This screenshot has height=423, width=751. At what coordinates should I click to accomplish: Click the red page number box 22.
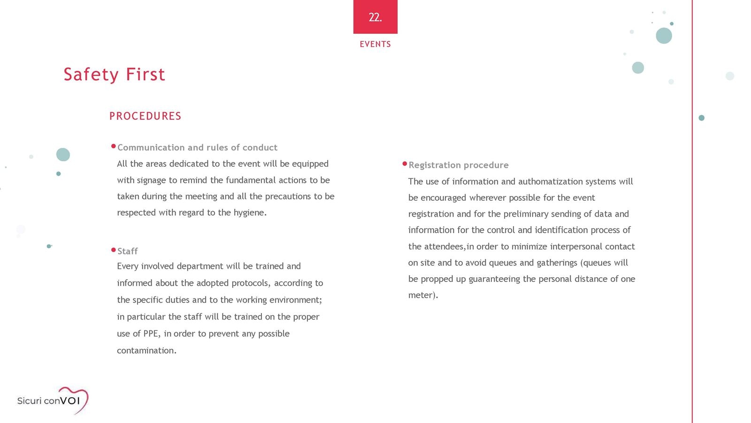coord(375,17)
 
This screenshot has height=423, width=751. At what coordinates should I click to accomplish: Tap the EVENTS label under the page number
coord(375,44)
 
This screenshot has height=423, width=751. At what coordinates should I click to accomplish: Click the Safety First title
coord(114,74)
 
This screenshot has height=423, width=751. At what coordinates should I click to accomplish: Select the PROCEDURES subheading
coord(145,116)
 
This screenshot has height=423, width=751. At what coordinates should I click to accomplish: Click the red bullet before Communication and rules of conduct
coord(114,146)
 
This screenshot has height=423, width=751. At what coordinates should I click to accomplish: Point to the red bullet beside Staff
coord(114,250)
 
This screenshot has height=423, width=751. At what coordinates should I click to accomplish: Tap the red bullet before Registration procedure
coord(405,164)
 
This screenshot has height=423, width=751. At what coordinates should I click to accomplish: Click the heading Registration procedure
coord(458,165)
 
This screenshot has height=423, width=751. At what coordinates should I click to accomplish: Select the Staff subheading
coord(127,251)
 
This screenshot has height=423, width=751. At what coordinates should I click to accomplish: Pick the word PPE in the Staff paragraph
coord(151,334)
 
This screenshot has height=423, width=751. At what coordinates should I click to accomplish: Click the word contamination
coord(146,351)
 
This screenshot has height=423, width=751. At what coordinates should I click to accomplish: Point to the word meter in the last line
coord(421,295)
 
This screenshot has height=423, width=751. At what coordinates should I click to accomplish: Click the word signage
coord(151,180)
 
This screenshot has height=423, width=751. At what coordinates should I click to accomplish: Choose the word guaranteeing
coord(494,279)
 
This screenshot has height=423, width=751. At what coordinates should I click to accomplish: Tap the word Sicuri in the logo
coord(29,401)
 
